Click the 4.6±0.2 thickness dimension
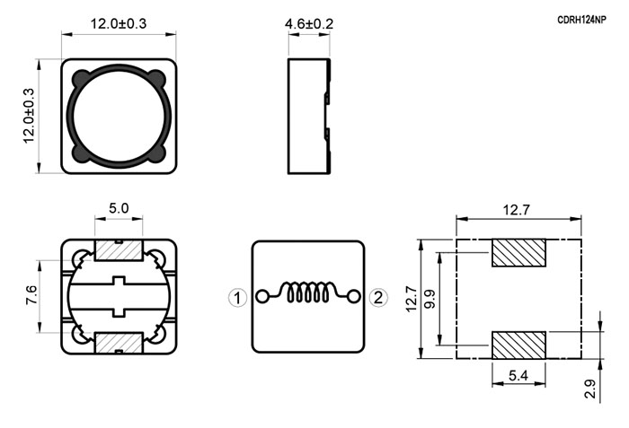[x=309, y=23]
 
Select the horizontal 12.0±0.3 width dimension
[x=119, y=23]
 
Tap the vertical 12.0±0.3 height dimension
[x=28, y=115]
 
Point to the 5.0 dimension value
[x=120, y=208]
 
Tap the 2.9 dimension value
[x=589, y=389]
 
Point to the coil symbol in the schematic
[x=308, y=294]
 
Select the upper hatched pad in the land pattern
[x=519, y=253]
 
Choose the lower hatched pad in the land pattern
[x=519, y=345]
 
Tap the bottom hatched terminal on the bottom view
[x=120, y=343]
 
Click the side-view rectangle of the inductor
[x=308, y=115]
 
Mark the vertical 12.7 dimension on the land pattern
[x=412, y=298]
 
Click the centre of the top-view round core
[x=120, y=115]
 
